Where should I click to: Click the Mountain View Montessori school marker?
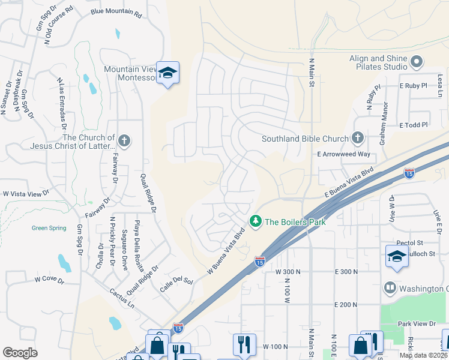168,73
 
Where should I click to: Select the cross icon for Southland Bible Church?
358,138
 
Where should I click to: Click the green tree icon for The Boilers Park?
256,221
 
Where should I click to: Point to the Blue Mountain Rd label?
116,12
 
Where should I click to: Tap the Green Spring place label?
48,228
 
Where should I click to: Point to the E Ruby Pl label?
414,86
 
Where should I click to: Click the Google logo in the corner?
20,353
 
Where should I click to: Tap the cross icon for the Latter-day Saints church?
124,142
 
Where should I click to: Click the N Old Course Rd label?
58,25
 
